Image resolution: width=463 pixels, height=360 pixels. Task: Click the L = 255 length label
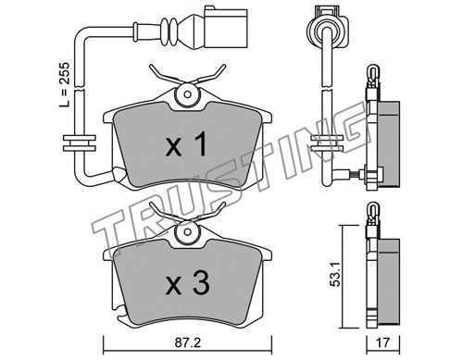tap(65, 85)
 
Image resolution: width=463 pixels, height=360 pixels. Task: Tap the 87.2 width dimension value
tap(187, 342)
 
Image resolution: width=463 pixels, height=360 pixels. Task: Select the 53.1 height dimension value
tap(335, 275)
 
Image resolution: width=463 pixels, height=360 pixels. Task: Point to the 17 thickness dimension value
tap(382, 342)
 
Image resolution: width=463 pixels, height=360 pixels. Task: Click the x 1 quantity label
tap(186, 144)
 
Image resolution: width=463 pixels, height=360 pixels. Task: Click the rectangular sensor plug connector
tap(226, 28)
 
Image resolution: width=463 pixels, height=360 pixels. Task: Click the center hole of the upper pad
tap(187, 94)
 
